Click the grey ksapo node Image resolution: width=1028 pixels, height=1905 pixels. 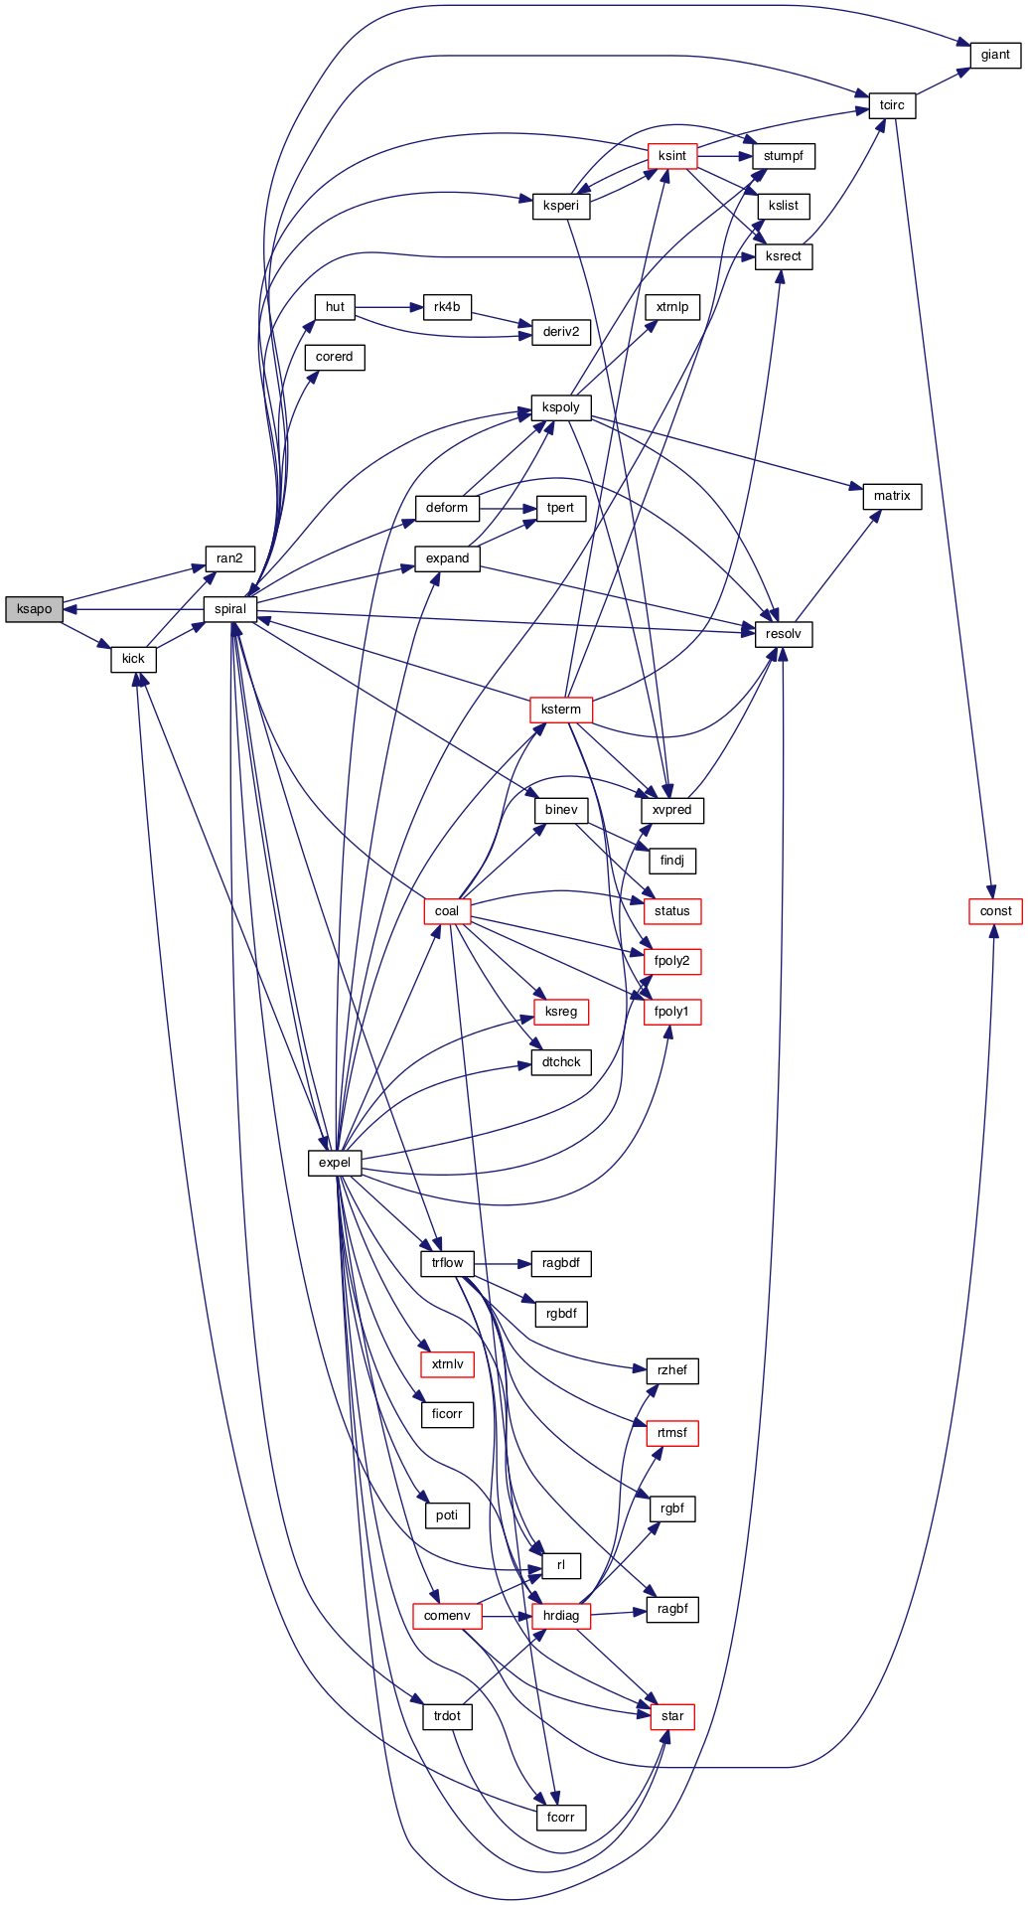click(x=34, y=609)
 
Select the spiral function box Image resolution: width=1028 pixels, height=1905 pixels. click(x=230, y=609)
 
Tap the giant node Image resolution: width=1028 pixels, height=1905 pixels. click(x=995, y=55)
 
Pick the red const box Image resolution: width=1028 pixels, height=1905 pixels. click(x=995, y=911)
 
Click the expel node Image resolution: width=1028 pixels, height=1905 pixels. click(x=335, y=1163)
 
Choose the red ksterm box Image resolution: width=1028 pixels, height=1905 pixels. click(x=561, y=710)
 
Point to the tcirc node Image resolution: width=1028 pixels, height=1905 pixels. click(x=892, y=105)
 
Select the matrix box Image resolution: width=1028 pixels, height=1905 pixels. click(x=892, y=496)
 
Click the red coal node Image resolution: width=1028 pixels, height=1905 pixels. click(x=447, y=911)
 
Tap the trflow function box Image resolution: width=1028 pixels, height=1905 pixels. click(x=447, y=1263)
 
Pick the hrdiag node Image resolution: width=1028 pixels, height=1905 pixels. click(x=561, y=1616)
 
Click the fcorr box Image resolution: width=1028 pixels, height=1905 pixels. click(x=561, y=1818)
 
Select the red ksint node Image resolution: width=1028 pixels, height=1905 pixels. click(x=672, y=156)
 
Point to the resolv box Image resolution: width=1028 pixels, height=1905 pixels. click(x=784, y=634)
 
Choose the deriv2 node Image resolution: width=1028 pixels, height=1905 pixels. click(x=561, y=332)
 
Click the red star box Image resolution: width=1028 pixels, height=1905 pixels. click(x=672, y=1716)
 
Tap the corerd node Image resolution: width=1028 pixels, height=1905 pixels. click(x=335, y=357)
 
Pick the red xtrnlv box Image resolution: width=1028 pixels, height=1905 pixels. click(x=447, y=1364)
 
